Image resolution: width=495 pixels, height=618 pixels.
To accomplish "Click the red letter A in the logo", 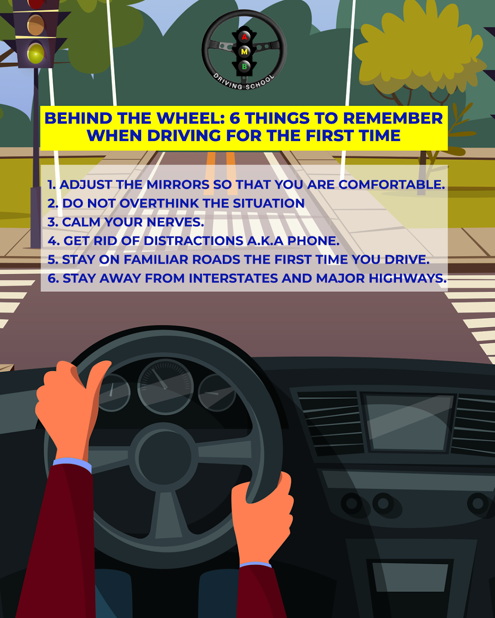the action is pos(244,37).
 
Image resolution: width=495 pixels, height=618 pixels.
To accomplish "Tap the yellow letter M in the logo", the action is pos(244,52).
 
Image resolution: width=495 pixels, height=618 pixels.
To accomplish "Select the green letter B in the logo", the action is pos(245,67).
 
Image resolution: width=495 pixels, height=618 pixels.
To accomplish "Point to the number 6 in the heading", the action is pos(235,118).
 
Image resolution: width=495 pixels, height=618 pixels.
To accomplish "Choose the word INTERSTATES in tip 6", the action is pos(233,278).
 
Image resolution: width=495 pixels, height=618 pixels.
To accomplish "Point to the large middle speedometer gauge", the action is pos(165,387).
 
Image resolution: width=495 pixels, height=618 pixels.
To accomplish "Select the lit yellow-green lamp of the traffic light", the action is pos(36,54).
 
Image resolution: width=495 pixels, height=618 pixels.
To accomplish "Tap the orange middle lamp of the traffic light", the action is pos(36,25).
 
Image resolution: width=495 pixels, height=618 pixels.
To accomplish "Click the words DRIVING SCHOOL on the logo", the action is pos(244,83).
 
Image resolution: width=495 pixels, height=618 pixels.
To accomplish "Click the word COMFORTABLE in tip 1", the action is pos(392,184).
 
